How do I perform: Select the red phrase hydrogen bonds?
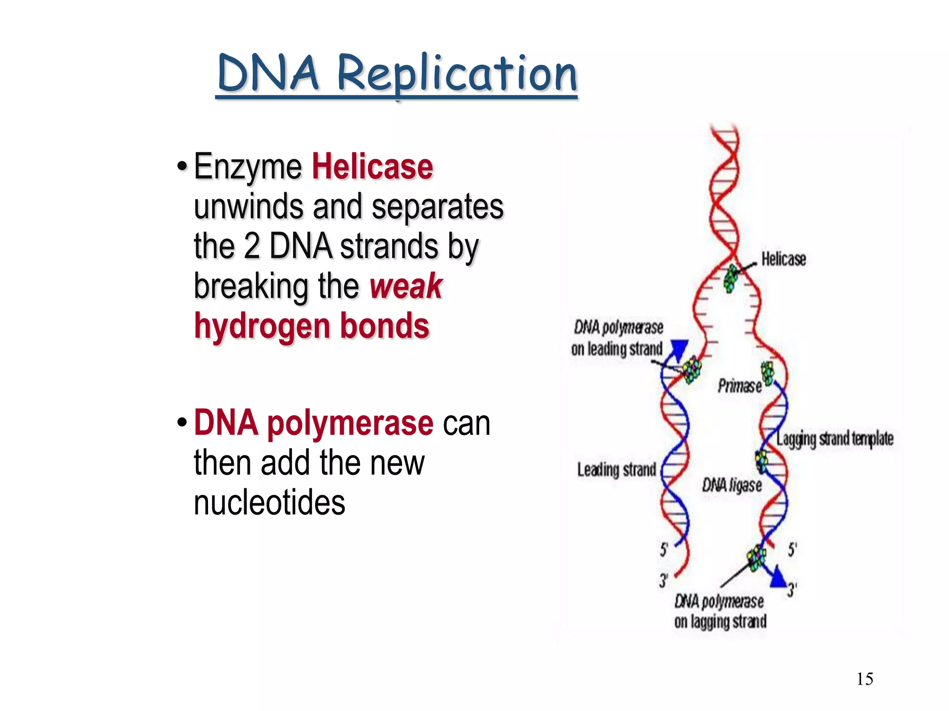[x=311, y=326]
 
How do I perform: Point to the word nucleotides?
[x=269, y=503]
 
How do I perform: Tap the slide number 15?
[x=865, y=679]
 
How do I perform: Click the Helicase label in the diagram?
[x=784, y=259]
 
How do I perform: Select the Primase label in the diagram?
[x=740, y=386]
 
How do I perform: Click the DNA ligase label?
[x=732, y=485]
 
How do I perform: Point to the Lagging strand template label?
[x=835, y=438]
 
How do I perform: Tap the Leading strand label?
[x=616, y=470]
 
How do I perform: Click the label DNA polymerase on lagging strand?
[x=720, y=611]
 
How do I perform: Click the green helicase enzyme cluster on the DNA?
[x=731, y=278]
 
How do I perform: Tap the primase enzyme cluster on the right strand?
[x=768, y=373]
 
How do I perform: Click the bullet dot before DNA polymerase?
[x=182, y=423]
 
